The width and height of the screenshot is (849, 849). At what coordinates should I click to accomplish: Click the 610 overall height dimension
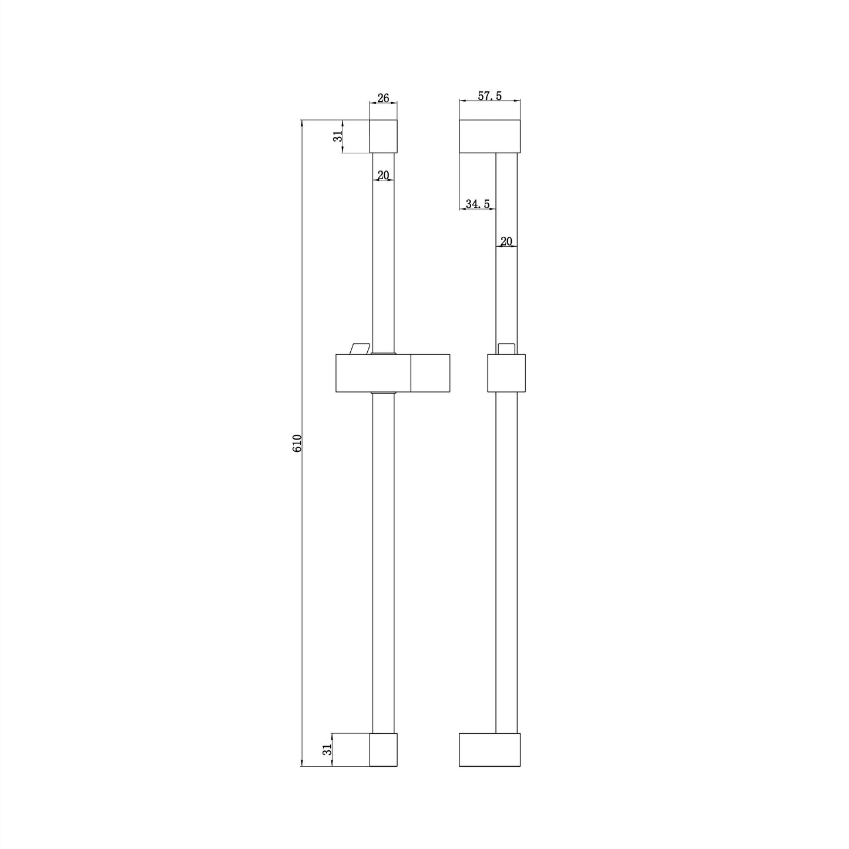tap(297, 443)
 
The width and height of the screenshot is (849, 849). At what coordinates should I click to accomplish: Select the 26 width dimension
tap(383, 98)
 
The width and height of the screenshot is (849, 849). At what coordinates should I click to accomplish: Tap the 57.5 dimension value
tap(489, 96)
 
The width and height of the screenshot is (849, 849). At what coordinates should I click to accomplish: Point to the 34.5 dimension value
tap(478, 204)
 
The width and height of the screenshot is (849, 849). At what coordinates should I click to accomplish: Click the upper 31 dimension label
tap(338, 136)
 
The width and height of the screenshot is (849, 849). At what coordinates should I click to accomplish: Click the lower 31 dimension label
tap(327, 750)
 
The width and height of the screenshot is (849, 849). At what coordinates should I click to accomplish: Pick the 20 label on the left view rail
tap(383, 175)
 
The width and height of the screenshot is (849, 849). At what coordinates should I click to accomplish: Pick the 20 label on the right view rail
tap(506, 241)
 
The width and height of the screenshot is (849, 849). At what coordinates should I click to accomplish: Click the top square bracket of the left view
tap(383, 136)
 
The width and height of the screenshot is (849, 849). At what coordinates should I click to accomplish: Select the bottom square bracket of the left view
tap(383, 750)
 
